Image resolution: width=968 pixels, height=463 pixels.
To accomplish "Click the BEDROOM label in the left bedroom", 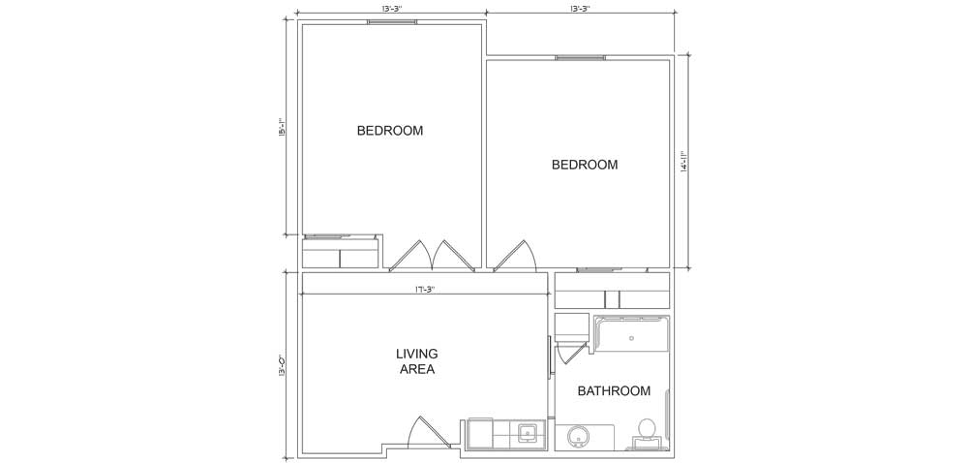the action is [x=390, y=131].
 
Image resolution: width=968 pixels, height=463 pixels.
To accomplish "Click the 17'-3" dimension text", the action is [x=425, y=290].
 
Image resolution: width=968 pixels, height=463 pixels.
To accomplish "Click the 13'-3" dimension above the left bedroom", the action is [x=391, y=9].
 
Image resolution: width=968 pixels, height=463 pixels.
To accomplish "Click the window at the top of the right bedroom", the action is [x=580, y=57].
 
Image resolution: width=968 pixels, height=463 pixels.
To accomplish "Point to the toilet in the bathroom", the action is [x=647, y=434].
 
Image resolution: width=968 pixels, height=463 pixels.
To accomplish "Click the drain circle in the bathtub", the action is [x=631, y=338].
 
